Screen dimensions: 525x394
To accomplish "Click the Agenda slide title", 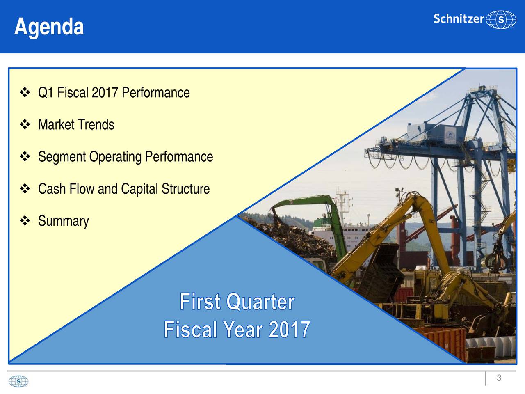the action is tap(49, 27).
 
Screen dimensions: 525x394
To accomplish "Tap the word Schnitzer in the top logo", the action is tap(459, 19).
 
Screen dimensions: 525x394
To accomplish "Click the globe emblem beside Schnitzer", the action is tap(501, 19).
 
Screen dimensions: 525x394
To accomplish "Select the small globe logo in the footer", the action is tap(18, 381).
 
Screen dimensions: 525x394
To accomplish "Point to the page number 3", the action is tap(499, 378).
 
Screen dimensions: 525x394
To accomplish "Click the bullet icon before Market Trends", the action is tap(25, 125).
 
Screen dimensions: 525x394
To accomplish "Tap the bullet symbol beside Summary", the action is tap(25, 220).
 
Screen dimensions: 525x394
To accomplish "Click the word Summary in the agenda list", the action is tap(64, 221).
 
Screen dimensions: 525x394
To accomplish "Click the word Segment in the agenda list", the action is tap(62, 157).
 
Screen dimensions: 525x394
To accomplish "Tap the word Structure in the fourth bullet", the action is tap(186, 189).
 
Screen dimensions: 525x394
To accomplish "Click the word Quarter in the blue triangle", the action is tap(260, 302).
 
